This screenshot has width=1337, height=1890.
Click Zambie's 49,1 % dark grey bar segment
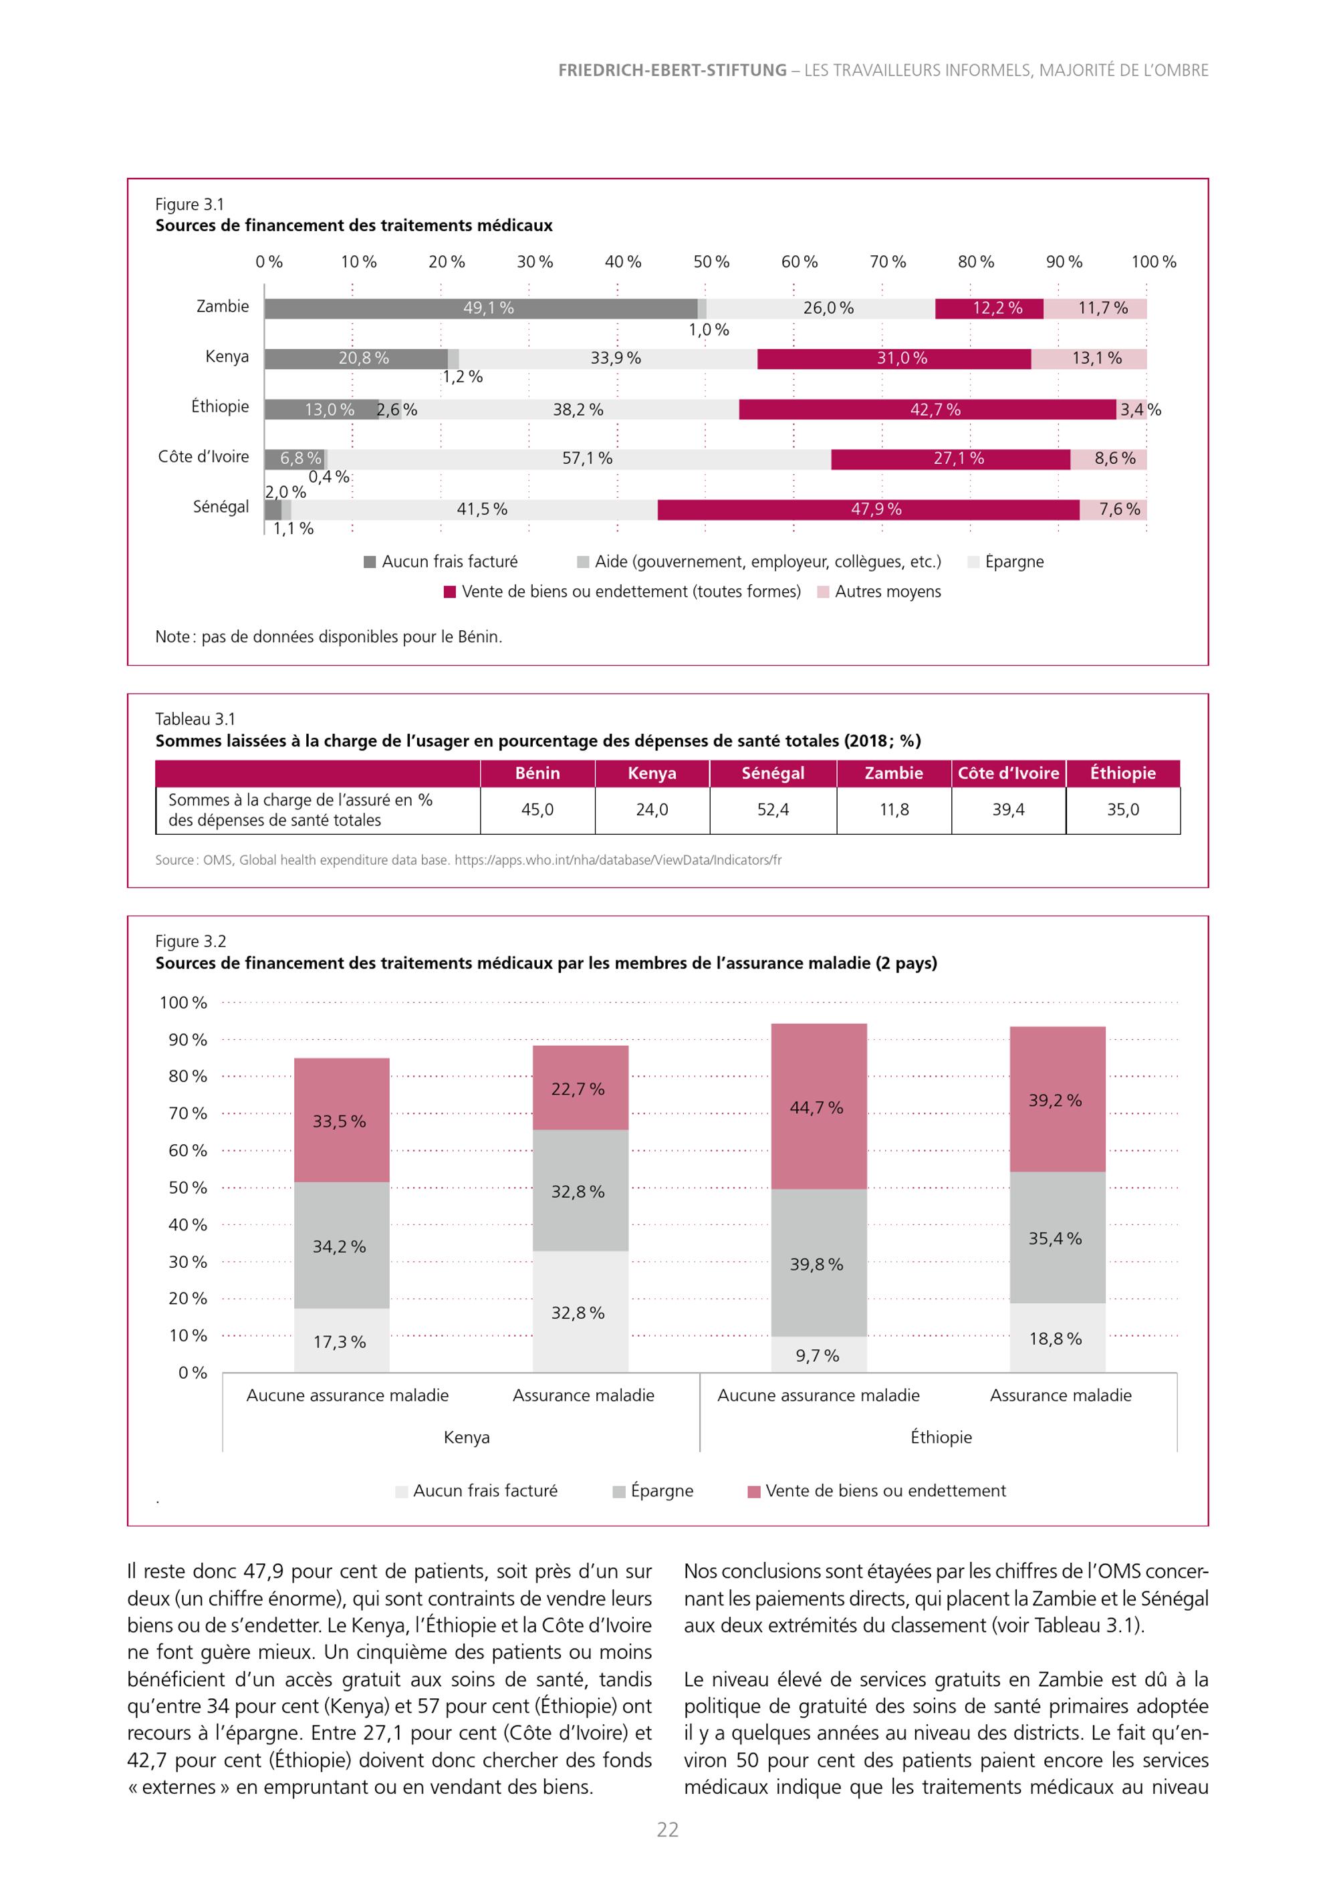(x=481, y=309)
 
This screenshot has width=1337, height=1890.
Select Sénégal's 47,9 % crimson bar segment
(x=868, y=509)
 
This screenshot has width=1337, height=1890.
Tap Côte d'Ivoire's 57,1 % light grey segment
(x=580, y=459)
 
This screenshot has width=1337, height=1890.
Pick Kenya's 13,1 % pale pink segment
(x=1088, y=359)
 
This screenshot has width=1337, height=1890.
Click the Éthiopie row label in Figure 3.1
(x=220, y=406)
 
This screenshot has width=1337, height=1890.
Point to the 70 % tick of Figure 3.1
(x=888, y=262)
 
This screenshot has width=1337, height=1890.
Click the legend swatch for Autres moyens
(x=822, y=592)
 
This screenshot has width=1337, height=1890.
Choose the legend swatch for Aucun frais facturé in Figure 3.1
(x=370, y=562)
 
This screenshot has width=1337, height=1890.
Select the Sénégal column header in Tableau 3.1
(x=773, y=773)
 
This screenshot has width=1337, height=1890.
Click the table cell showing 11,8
(x=894, y=810)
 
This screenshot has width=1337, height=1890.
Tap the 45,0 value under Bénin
(x=537, y=810)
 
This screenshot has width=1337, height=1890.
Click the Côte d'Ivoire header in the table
(x=1009, y=773)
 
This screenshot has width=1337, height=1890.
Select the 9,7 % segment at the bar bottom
(x=819, y=1354)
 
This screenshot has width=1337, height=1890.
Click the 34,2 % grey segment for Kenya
(x=342, y=1246)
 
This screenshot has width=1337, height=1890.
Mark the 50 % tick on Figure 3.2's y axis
(x=188, y=1188)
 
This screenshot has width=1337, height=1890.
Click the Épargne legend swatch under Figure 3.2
(x=619, y=1492)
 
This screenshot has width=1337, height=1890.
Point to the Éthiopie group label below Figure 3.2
(x=941, y=1438)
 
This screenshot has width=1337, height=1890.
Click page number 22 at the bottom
(x=668, y=1830)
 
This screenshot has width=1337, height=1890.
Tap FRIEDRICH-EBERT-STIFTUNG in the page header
(x=672, y=71)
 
